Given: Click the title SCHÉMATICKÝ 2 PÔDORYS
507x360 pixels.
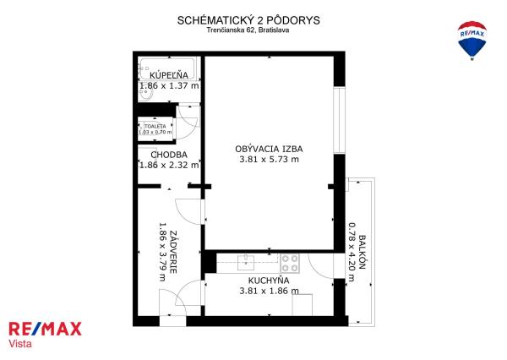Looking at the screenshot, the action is (248, 20).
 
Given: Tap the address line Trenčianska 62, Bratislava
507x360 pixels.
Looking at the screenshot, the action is (248, 30).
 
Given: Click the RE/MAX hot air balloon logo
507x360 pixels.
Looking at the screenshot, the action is (472, 41).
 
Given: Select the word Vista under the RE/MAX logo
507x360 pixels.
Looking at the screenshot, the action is (20, 343).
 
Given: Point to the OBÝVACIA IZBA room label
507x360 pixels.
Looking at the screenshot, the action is (269, 149).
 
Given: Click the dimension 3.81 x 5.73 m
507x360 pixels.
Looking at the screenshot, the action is (269, 159).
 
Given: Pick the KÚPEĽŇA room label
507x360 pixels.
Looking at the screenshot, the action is (169, 75).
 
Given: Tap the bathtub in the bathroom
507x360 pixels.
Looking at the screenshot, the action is (167, 68).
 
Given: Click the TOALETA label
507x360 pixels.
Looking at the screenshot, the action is (155, 126).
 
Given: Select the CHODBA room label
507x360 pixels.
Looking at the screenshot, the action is (169, 155).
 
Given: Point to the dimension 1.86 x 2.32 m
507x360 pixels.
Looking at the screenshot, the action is (169, 165).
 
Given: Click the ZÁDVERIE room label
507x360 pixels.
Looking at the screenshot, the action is (173, 252).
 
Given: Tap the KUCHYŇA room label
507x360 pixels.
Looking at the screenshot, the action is (269, 281).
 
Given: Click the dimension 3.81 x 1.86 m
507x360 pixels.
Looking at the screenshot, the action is (269, 291).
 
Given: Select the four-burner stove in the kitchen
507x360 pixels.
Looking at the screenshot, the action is (290, 263).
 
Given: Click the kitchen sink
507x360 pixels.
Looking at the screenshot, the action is (246, 262).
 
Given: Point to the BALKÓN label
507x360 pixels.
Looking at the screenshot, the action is (363, 253).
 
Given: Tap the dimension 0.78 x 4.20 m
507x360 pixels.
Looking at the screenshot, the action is (352, 252).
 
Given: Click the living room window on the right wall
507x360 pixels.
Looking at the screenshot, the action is (340, 120).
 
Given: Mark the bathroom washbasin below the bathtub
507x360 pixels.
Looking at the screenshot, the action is (145, 94).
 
